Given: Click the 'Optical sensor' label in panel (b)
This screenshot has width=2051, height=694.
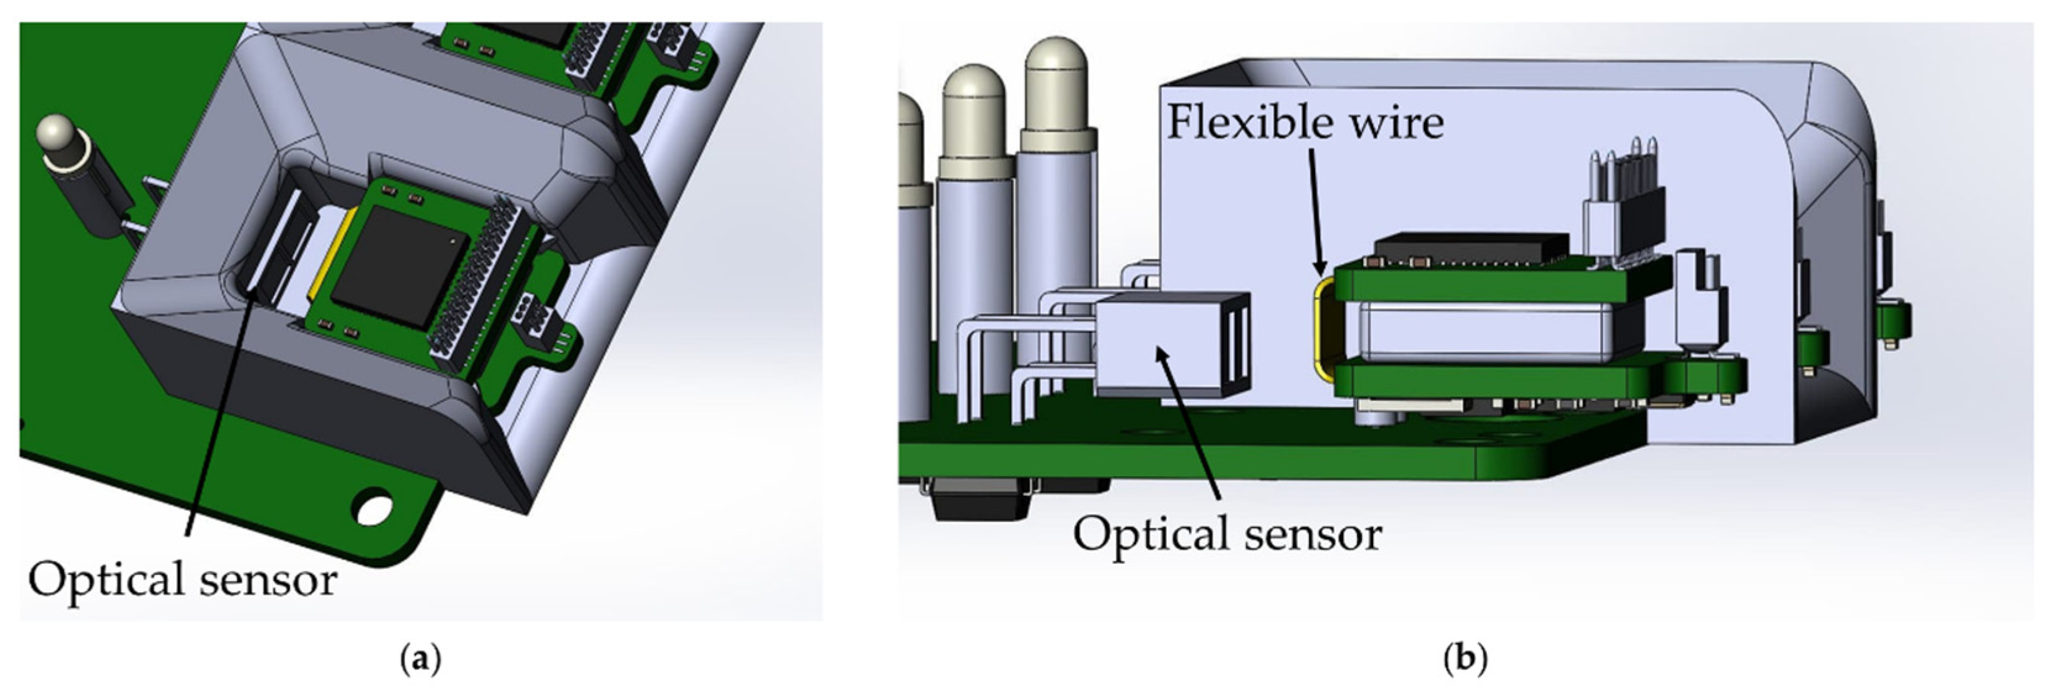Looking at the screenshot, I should coord(1227,534).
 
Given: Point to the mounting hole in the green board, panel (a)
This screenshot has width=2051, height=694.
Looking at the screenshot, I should coord(374,508).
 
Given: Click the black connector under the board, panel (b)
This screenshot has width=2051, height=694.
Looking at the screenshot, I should coord(984,502).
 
